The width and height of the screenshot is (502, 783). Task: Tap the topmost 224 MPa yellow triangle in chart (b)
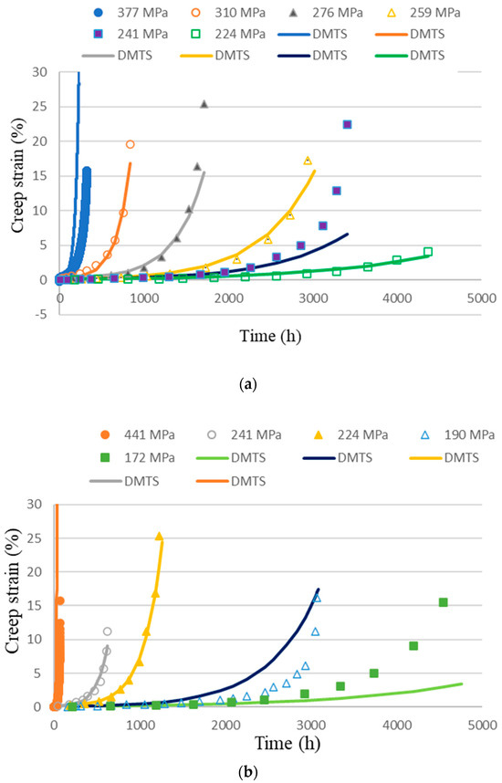pyautogui.click(x=159, y=536)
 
